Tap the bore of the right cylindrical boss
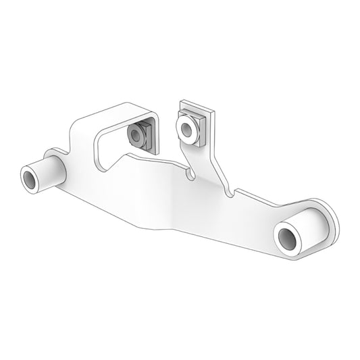287,239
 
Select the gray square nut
140,136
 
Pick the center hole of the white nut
182,126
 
